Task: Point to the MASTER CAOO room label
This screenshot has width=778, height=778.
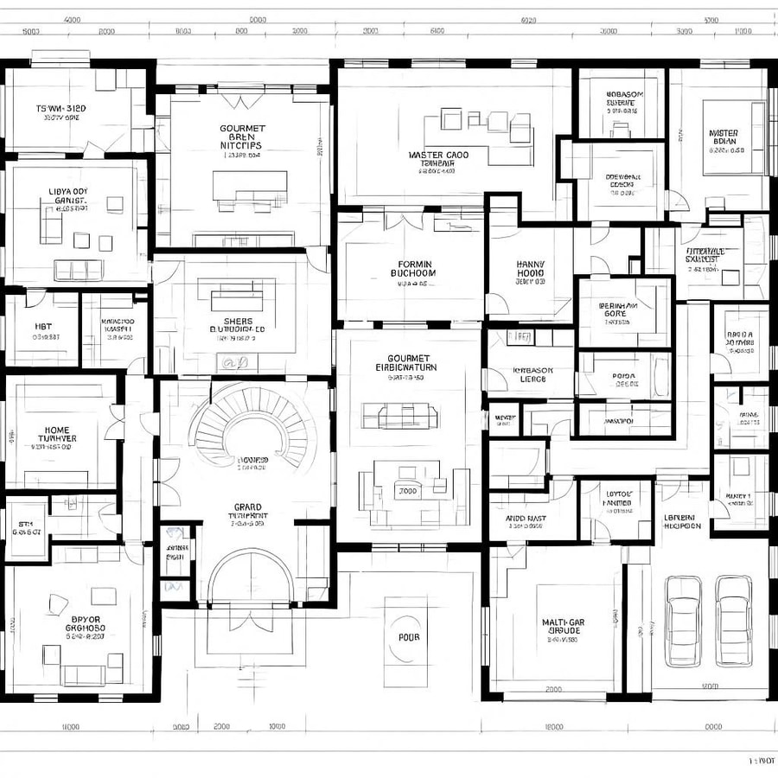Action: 438,159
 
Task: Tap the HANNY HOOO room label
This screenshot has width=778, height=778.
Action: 530,270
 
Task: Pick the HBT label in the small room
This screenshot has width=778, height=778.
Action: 43,326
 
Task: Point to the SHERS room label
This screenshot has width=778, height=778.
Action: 238,325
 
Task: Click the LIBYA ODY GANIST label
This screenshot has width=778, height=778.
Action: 67,197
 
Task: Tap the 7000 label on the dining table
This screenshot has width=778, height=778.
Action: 406,491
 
